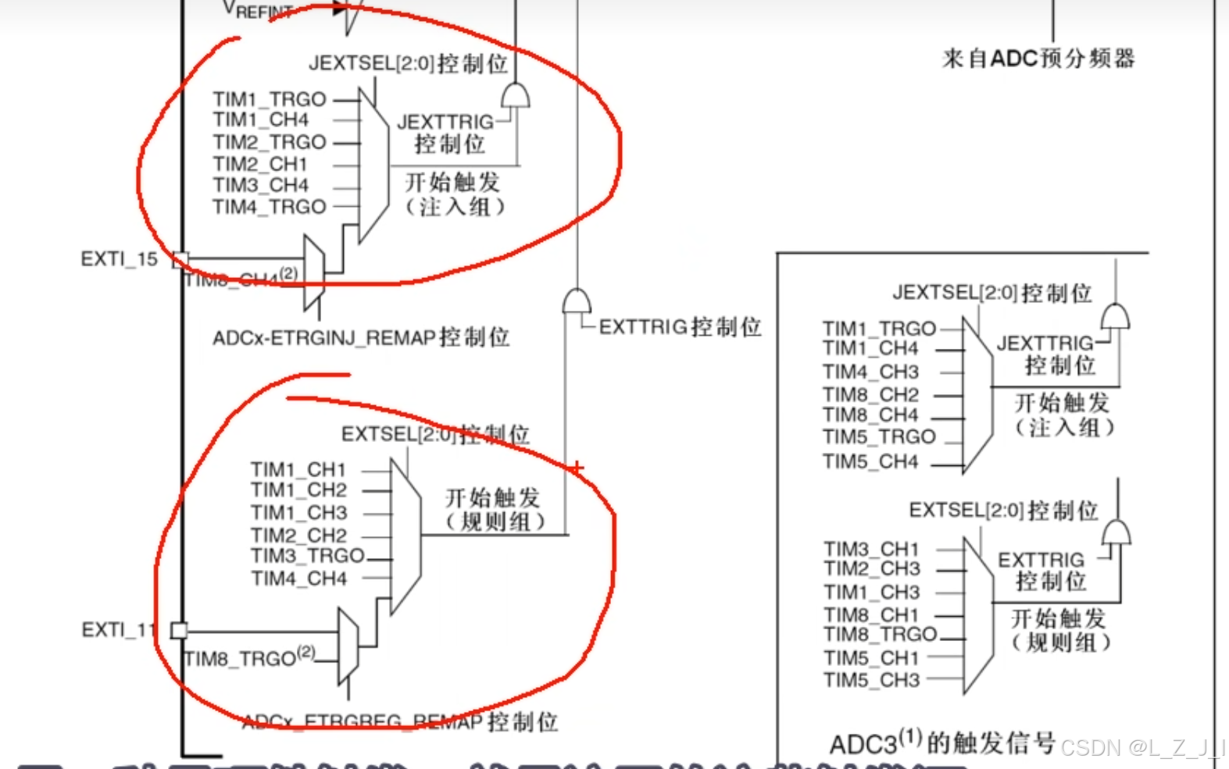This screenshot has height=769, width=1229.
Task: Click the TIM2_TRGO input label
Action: [x=270, y=142]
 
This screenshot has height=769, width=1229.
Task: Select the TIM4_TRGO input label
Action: [x=270, y=207]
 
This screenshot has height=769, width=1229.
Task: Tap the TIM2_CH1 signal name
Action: [x=260, y=164]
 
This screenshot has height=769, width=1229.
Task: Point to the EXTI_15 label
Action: [x=119, y=258]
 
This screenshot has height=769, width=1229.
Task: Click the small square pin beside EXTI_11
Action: [x=179, y=630]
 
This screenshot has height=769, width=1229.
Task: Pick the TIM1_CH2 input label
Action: [x=298, y=490]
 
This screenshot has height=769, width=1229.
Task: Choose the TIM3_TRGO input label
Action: [x=308, y=555]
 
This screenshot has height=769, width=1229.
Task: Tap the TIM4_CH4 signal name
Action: [x=298, y=579]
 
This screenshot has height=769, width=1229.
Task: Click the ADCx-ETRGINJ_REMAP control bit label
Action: [x=360, y=337]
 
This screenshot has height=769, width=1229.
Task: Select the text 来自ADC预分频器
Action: [x=1038, y=59]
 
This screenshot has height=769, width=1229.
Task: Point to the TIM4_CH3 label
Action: [x=870, y=372]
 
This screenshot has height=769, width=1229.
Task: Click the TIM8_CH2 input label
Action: [x=870, y=394]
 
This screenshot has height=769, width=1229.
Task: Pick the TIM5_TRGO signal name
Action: [x=879, y=436]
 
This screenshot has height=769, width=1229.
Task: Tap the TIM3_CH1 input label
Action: [x=871, y=549]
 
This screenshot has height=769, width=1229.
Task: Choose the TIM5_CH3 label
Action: [x=871, y=680]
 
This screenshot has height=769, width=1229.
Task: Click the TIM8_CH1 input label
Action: [x=871, y=615]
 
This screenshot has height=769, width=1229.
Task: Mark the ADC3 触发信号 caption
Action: [x=942, y=742]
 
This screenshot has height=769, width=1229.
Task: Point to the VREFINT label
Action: [x=258, y=10]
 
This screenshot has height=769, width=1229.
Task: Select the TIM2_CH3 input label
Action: [x=871, y=568]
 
